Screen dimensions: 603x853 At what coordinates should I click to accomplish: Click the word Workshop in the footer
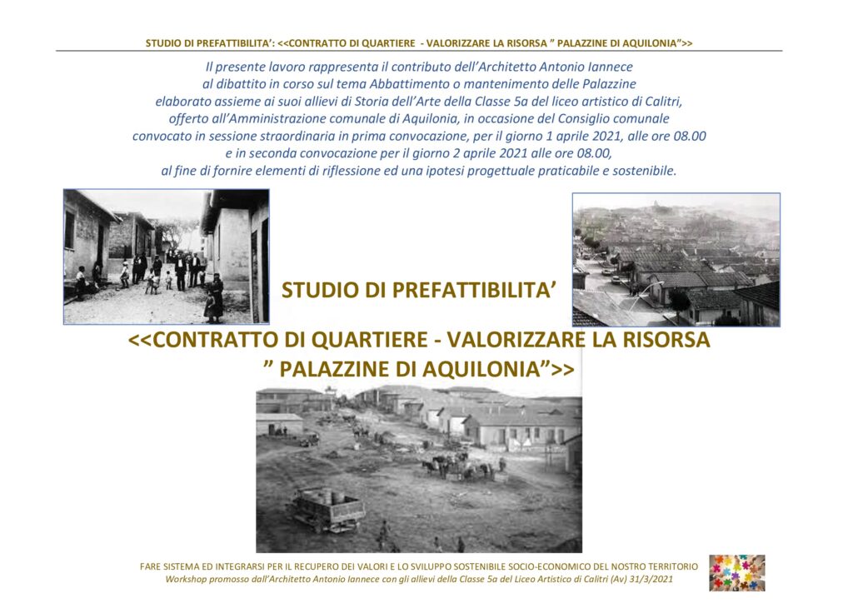[x=187, y=579]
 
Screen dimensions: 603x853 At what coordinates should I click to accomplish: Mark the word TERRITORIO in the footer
[x=668, y=567]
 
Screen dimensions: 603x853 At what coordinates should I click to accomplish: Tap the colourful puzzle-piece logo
[x=737, y=572]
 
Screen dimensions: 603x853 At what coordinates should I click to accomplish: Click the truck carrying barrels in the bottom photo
[x=327, y=510]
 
